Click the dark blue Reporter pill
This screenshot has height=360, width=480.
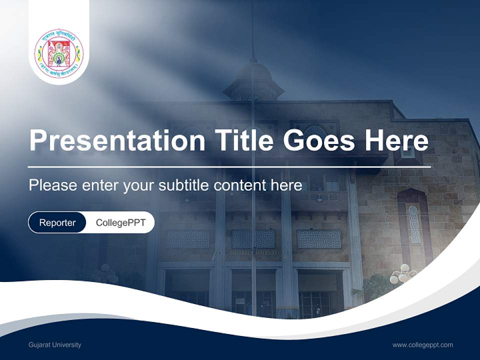click(x=57, y=222)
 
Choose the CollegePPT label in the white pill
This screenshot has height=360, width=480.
click(x=120, y=222)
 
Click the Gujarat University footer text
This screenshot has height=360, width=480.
click(x=55, y=345)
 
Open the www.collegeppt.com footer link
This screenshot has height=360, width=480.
click(x=422, y=345)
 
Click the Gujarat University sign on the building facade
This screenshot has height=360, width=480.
click(x=253, y=253)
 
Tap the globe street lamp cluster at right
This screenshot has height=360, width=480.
click(x=403, y=273)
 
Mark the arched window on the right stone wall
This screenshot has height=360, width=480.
click(x=414, y=224)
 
